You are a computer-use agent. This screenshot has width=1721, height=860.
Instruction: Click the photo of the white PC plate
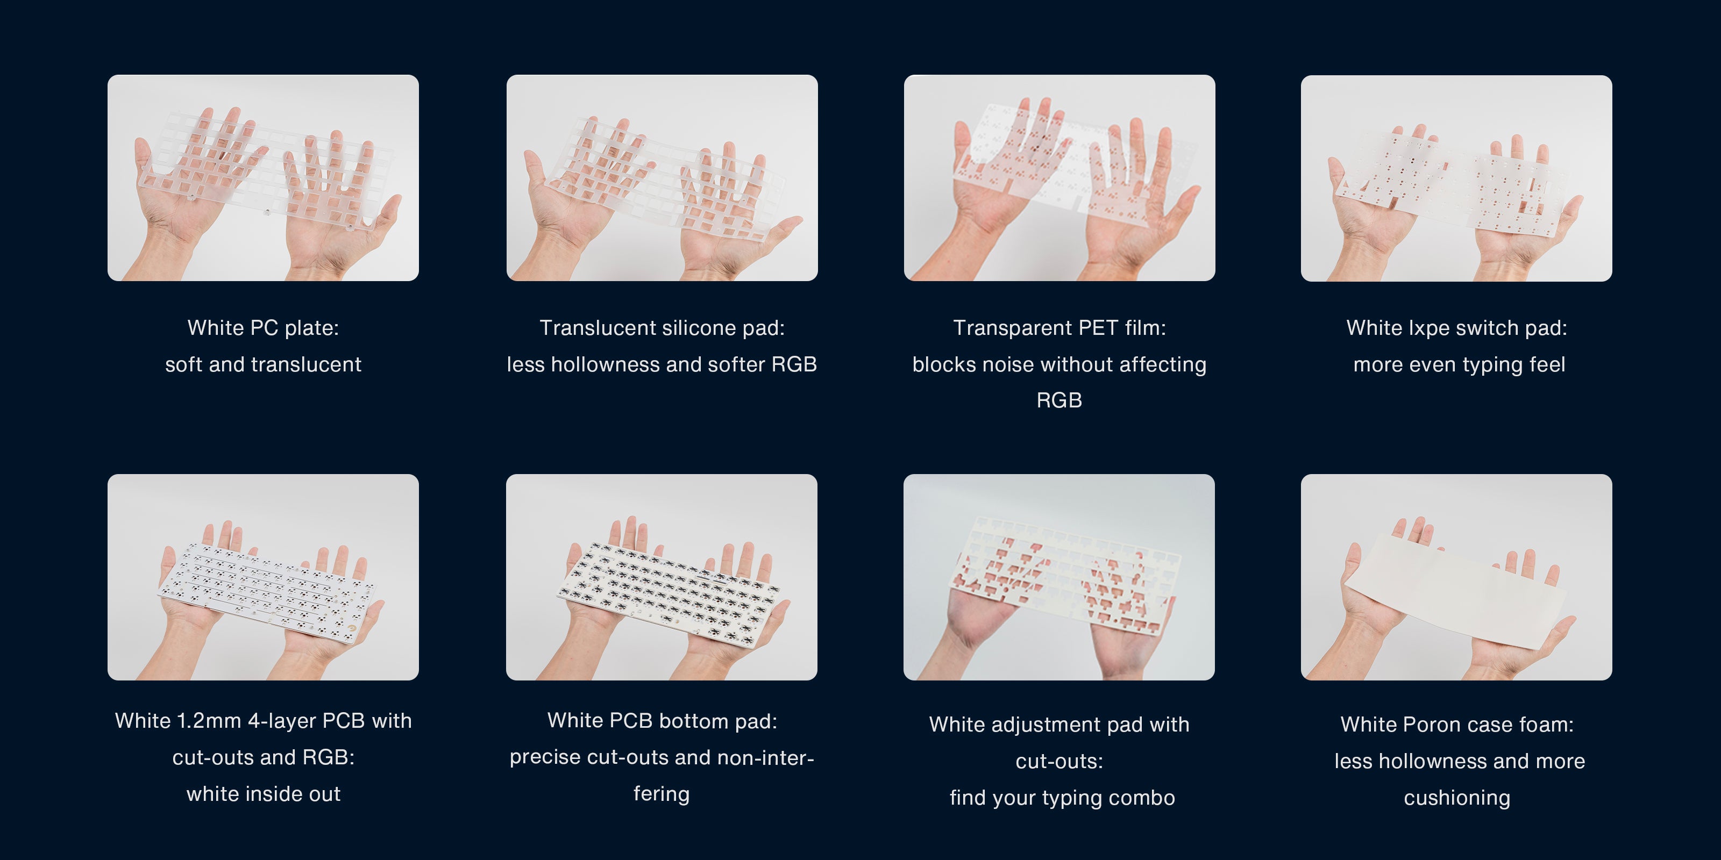pyautogui.click(x=263, y=177)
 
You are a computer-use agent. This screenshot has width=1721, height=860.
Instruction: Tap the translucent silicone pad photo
pyautogui.click(x=662, y=177)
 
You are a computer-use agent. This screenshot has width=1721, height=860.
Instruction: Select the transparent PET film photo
pyautogui.click(x=1059, y=177)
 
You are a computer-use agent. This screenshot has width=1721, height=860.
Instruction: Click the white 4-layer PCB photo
pyautogui.click(x=263, y=577)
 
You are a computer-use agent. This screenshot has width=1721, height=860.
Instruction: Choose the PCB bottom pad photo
pyautogui.click(x=662, y=577)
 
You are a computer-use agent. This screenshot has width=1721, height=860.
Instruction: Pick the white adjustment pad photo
pyautogui.click(x=1059, y=577)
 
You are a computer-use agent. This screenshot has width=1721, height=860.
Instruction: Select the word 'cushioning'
pyautogui.click(x=1457, y=798)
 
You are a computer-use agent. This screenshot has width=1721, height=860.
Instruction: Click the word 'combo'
pyautogui.click(x=1142, y=798)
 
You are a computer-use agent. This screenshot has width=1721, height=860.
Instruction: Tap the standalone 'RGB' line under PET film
pyautogui.click(x=1059, y=400)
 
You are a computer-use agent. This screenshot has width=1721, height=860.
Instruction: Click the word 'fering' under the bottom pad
pyautogui.click(x=662, y=794)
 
